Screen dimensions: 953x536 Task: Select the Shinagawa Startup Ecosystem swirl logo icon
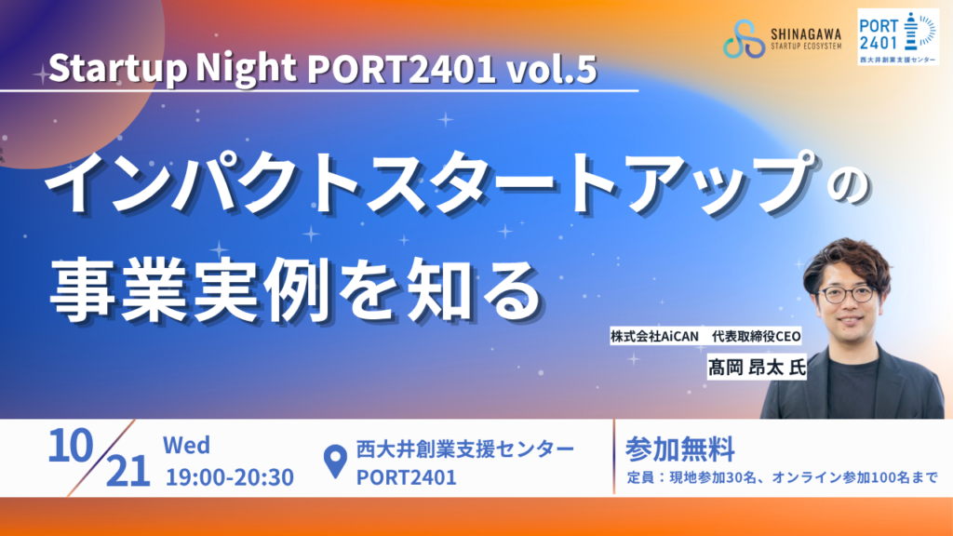coord(744,38)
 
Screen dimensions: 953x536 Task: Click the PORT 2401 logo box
coord(898,36)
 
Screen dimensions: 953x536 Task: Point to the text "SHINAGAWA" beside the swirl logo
coord(806,34)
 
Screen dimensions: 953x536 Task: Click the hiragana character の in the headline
coord(849,189)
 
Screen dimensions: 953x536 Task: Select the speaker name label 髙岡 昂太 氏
coord(757,367)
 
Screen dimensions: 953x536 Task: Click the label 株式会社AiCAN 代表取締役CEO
coord(705,336)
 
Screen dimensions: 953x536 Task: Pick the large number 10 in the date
coord(71,446)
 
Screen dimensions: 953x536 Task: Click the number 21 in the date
coord(128,472)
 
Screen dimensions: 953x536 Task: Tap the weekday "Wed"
coord(186,446)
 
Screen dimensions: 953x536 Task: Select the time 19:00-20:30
coord(230,477)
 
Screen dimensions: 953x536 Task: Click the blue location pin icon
coord(335,462)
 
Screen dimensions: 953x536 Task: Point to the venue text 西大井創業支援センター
coord(465,449)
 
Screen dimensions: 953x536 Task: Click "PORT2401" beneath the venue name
coord(406,477)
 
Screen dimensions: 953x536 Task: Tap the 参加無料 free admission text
coord(679,449)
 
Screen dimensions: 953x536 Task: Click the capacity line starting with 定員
coord(782,477)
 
